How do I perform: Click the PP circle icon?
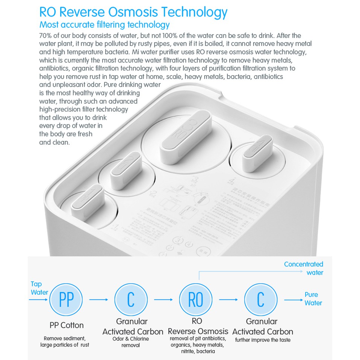(67, 299)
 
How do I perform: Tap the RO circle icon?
(195, 299)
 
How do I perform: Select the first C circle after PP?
(131, 299)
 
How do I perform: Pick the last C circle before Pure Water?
(261, 299)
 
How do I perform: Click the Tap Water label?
(38, 288)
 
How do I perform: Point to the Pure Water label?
(313, 299)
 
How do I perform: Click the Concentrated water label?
(304, 268)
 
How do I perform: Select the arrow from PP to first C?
(99, 299)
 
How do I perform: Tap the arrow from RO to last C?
(228, 299)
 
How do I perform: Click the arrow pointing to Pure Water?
(293, 299)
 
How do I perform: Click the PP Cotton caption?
(67, 325)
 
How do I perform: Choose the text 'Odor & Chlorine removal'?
(131, 342)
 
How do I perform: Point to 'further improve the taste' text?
(263, 340)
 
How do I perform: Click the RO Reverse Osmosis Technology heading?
(133, 12)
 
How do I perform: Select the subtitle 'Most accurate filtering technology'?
(104, 25)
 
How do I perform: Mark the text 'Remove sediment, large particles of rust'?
(65, 342)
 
